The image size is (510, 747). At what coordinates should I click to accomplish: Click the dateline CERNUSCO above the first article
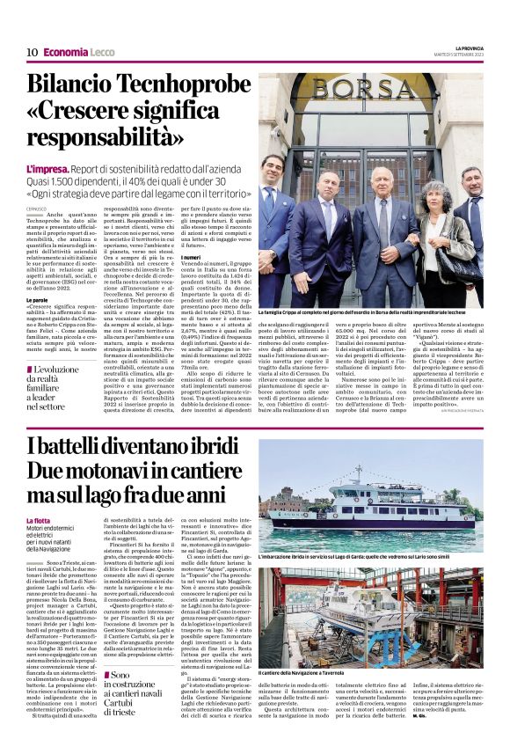click(x=37, y=208)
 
